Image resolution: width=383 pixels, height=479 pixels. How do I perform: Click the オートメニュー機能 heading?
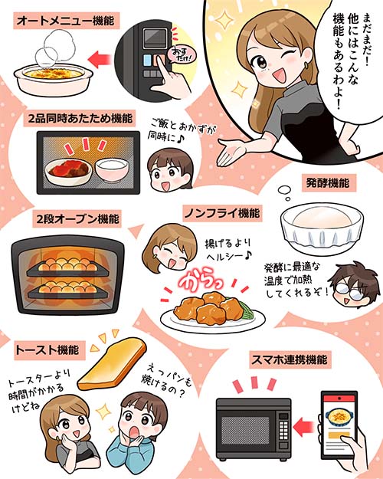pos(66,21)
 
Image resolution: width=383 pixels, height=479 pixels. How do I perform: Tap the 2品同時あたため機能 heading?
pos(80,118)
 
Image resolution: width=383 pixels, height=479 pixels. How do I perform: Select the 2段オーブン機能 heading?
pos(77,218)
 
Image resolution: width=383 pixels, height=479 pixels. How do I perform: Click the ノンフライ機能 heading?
pos(222,213)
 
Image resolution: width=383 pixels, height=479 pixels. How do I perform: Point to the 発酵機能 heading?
pos(328,182)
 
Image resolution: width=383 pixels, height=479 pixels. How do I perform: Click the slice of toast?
pos(112,363)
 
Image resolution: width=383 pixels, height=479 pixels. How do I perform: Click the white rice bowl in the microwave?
pos(112,170)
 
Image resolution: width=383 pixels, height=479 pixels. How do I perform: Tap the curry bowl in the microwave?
pos(68,171)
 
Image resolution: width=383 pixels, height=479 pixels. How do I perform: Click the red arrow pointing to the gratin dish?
pos(99,59)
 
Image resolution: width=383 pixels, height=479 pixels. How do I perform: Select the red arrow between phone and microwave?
pos(304,425)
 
